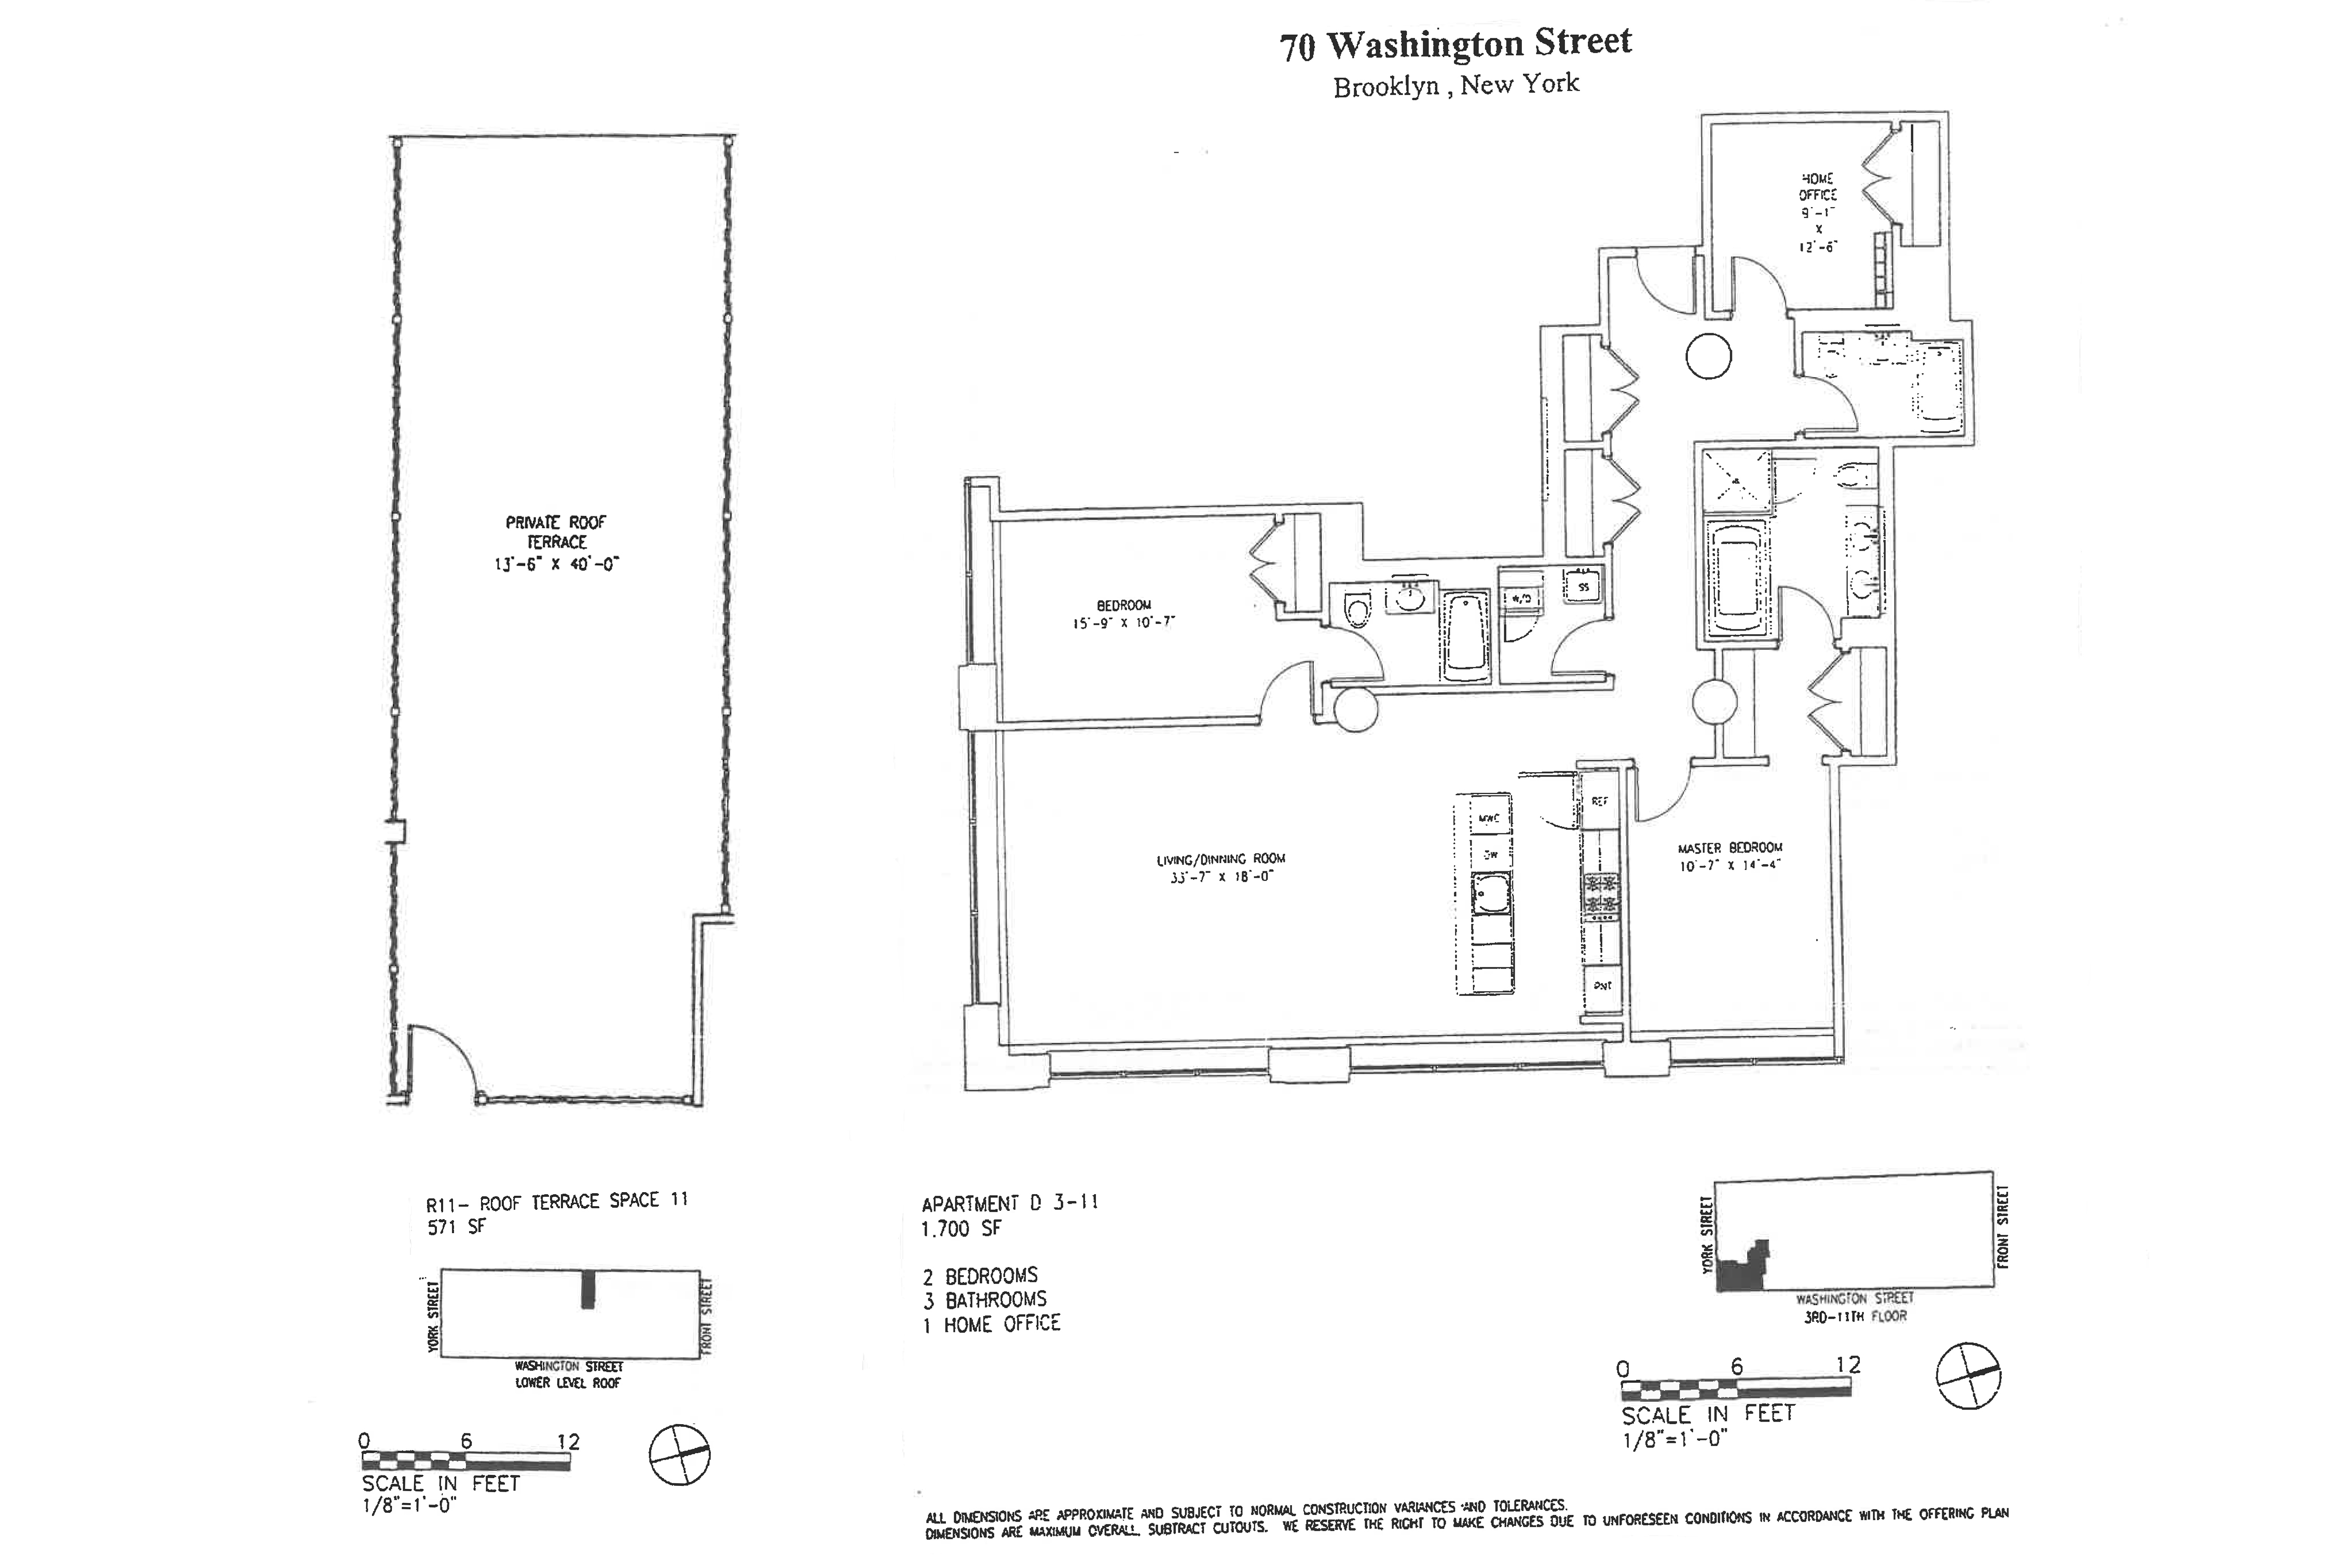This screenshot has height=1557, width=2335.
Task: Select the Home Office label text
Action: coord(1818,187)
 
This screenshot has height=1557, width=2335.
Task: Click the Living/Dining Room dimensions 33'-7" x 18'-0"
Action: coord(1220,877)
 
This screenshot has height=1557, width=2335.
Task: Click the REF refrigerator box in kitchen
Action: coord(1599,800)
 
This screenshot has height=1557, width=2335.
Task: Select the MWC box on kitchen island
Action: coord(1489,818)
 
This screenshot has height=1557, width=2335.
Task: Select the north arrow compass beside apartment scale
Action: coord(1969,1375)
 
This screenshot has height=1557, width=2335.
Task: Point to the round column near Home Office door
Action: coord(1709,356)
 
